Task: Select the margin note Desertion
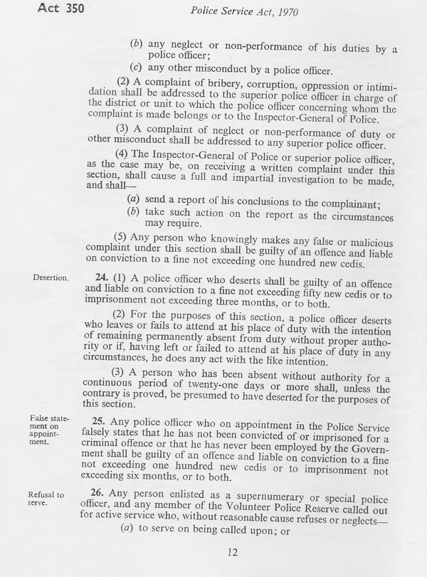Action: pyautogui.click(x=51, y=278)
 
